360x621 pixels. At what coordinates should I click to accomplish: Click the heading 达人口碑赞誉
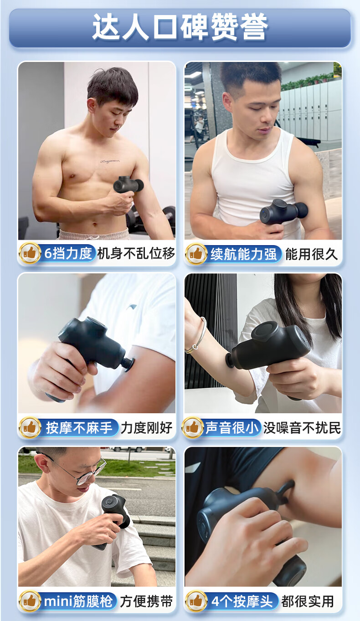coord(180,26)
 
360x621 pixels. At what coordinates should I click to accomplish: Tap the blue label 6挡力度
coord(68,253)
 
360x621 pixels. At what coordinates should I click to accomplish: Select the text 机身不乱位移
coord(136,253)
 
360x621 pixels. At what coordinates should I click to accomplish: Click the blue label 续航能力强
coord(243,254)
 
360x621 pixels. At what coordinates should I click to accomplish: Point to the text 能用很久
coord(311,254)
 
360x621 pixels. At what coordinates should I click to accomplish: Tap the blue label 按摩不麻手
coord(79,427)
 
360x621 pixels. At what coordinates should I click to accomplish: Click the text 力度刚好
coord(146,427)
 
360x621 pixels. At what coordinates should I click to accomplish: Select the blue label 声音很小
coord(232,427)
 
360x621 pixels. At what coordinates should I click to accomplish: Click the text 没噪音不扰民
coord(302,427)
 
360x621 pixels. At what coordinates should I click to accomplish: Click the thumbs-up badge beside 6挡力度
coord(30,253)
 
